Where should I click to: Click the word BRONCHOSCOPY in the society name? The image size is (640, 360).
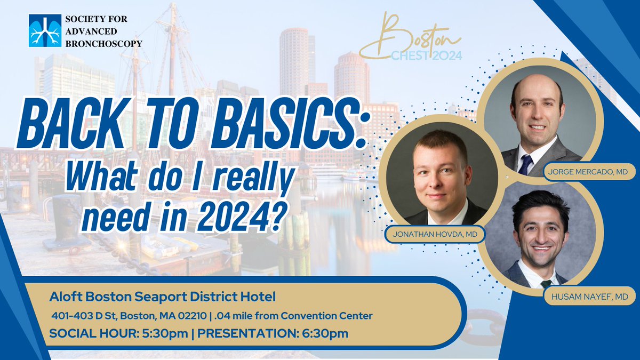103,44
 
